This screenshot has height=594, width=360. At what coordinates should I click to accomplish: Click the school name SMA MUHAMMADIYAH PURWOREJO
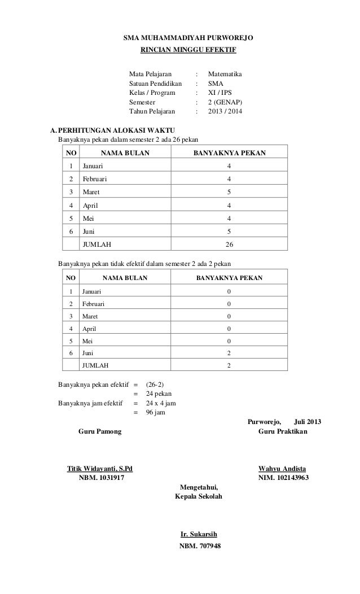(x=188, y=38)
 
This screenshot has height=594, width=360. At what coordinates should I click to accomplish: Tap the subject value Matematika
(x=225, y=74)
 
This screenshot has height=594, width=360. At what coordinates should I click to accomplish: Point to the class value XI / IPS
(x=221, y=93)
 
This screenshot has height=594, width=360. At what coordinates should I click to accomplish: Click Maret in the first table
(x=91, y=192)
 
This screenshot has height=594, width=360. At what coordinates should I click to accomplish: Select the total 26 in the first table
(x=229, y=244)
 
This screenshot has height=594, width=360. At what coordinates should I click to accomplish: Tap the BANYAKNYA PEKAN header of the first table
(x=230, y=152)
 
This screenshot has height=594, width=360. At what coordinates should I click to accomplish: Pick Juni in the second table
(x=89, y=353)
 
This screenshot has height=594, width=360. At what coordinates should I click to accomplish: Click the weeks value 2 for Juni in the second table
(x=229, y=353)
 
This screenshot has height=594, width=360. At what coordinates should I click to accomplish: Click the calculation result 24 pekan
(x=159, y=394)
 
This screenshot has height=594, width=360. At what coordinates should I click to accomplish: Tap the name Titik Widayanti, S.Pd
(x=100, y=469)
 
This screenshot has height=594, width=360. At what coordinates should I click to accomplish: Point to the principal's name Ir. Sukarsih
(x=198, y=534)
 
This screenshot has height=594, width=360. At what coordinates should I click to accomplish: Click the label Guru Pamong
(x=102, y=432)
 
